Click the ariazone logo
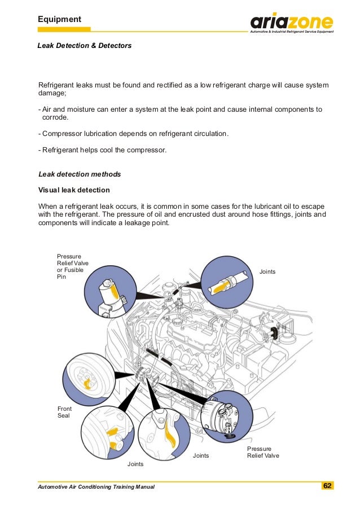292,23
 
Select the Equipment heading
59,20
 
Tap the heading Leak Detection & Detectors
84,45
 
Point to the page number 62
327,486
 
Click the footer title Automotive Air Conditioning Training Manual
95,486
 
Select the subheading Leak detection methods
79,174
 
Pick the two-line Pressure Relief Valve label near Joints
262,452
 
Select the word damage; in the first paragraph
52,94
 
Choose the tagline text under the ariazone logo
292,32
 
